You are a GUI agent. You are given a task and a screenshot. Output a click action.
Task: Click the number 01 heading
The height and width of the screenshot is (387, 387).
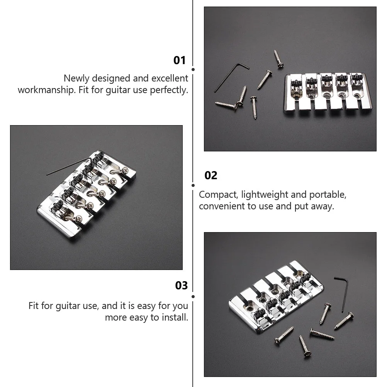180,60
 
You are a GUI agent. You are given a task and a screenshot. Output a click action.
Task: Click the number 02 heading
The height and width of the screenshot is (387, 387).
211,175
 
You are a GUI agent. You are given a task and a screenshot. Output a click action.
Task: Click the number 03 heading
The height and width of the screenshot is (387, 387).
182,285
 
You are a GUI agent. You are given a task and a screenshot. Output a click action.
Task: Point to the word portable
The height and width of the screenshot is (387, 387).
326,194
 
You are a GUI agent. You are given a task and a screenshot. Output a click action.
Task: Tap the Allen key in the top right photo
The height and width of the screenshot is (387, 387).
231,76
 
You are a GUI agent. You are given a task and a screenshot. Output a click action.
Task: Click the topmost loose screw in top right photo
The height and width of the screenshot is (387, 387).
278,59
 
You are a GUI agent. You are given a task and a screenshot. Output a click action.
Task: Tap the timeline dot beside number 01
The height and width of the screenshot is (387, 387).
193,70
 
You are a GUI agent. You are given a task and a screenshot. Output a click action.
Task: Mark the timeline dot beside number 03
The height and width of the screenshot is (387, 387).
193,297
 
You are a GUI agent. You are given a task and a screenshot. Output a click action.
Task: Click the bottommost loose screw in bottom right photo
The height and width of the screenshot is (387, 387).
305,345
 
